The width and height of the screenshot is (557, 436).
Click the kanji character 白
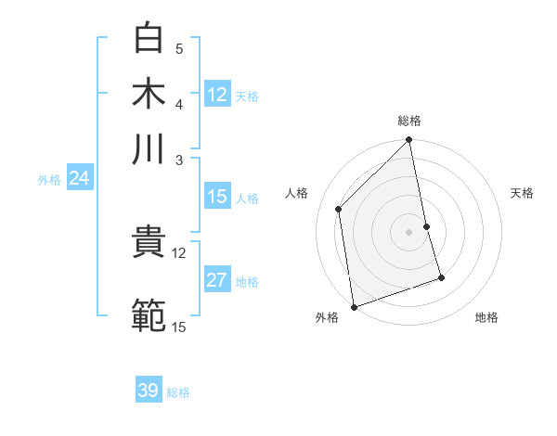tap(149, 40)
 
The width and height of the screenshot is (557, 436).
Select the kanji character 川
tap(149, 148)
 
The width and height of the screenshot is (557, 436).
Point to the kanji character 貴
tap(149, 244)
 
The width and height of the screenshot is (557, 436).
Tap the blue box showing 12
tap(217, 95)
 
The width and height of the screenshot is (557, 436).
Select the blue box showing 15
tap(217, 197)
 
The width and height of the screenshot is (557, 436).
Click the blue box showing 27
tap(217, 281)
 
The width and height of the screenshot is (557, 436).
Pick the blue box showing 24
tap(79, 179)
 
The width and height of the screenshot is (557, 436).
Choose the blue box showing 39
tap(149, 391)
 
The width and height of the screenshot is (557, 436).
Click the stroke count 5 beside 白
tap(179, 49)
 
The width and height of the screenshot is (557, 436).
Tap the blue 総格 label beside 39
tap(178, 392)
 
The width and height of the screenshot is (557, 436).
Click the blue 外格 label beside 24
tap(49, 180)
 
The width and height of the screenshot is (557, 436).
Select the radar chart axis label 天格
tap(523, 193)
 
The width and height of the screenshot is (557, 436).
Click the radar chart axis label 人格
tap(297, 193)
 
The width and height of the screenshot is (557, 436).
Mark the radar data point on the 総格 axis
tap(409, 141)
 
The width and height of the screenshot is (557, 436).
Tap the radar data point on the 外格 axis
tap(354, 306)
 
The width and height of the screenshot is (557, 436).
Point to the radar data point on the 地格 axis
tap(441, 277)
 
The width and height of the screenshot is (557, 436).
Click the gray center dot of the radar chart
tap(409, 231)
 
